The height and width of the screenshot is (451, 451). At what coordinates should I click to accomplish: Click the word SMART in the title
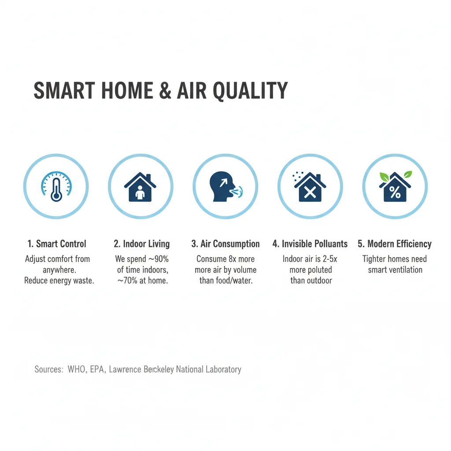64,91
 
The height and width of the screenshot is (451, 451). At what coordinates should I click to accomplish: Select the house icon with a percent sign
395,188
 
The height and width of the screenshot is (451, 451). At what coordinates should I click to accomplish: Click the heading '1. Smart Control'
56,244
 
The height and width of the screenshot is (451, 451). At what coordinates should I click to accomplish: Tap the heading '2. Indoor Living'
141,244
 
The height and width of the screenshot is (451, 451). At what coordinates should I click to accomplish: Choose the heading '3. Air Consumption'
225,244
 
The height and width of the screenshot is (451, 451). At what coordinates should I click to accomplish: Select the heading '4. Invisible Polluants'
310,244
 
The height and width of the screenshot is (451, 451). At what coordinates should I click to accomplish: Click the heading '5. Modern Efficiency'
394,244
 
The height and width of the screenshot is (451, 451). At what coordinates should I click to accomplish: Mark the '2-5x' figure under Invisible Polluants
328,259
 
